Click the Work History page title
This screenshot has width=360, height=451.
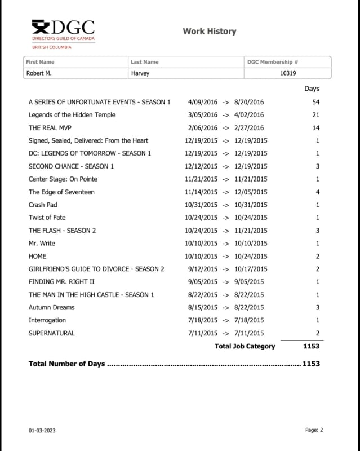point(209,32)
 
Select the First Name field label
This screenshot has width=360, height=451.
point(41,62)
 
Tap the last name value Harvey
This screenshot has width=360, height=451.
point(140,73)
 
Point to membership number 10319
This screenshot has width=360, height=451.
point(288,73)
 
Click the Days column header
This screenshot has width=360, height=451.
point(312,89)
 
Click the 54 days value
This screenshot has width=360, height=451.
point(315,102)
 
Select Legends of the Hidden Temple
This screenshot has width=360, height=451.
point(72,115)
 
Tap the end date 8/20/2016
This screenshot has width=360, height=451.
point(248,102)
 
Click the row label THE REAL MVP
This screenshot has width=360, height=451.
point(50,128)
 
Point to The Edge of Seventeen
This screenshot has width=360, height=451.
point(61,192)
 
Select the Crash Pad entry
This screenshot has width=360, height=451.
point(43,205)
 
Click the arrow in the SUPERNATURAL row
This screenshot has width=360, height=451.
point(225,333)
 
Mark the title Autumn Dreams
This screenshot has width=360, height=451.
point(52,307)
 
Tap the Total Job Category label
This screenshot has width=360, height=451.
point(245,346)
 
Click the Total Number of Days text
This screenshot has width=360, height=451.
point(66,364)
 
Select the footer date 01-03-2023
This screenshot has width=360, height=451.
point(42,431)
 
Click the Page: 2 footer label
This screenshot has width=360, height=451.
point(314,430)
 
